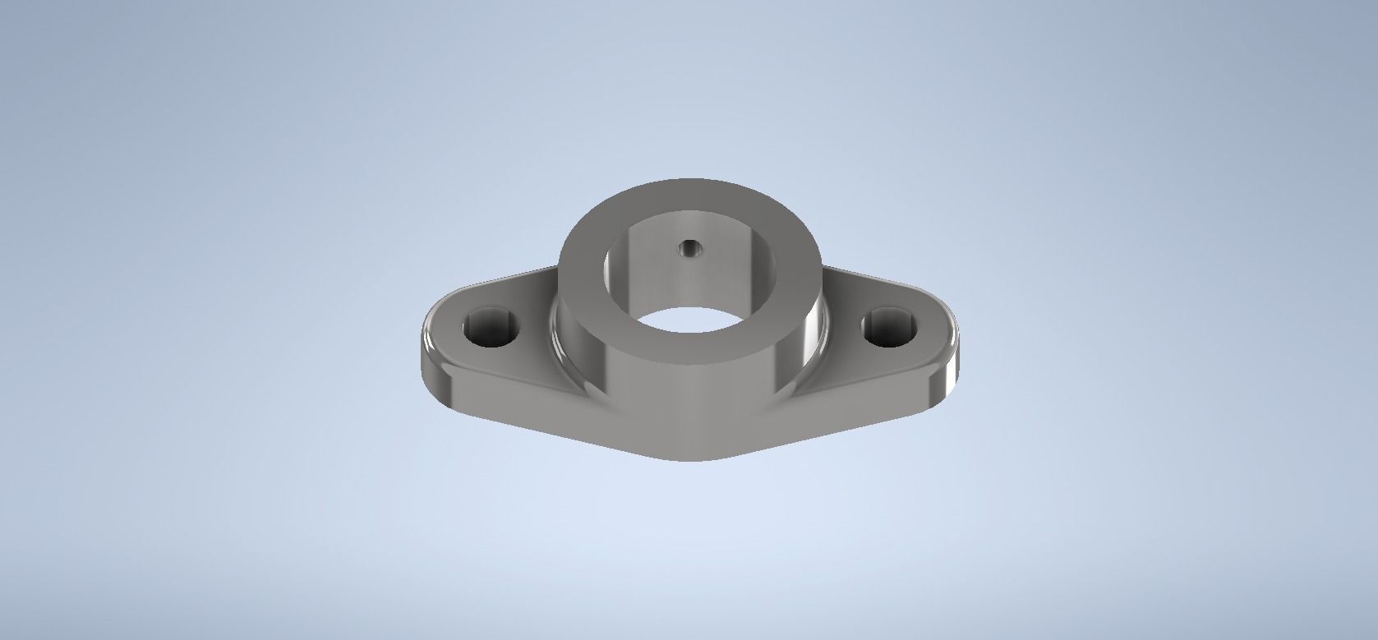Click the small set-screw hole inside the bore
(x=689, y=246)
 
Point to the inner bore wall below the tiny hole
(x=689, y=279)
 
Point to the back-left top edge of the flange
(x=501, y=278)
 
